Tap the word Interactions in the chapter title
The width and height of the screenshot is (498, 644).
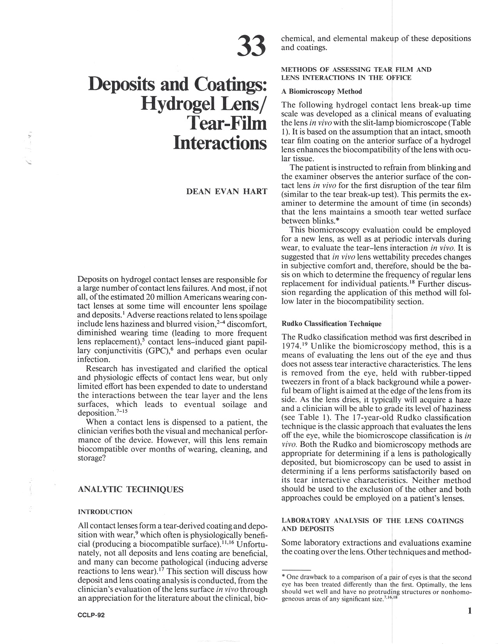(x=220, y=142)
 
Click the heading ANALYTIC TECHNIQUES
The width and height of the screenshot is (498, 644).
(x=130, y=489)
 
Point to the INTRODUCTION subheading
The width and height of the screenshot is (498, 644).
(x=105, y=512)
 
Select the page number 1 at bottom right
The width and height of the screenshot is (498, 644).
(x=469, y=611)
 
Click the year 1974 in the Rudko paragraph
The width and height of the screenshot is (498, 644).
(x=292, y=346)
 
